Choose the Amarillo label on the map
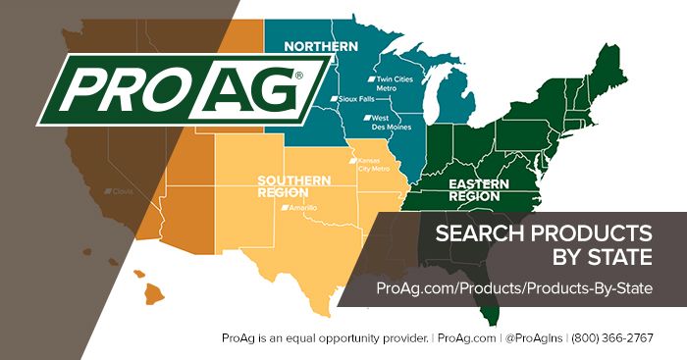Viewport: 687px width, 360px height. coord(297,208)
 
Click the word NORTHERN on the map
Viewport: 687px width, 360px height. coord(316,46)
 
